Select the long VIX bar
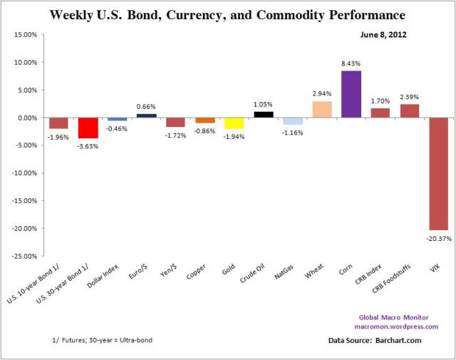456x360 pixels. click(439, 174)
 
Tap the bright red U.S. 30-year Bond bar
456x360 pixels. click(88, 128)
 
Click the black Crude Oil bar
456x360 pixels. click(264, 115)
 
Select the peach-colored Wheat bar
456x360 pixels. click(322, 110)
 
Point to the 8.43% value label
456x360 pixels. click(351, 65)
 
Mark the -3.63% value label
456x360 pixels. click(88, 146)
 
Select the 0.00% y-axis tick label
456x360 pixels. click(26, 118)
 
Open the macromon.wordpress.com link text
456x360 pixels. click(395, 326)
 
